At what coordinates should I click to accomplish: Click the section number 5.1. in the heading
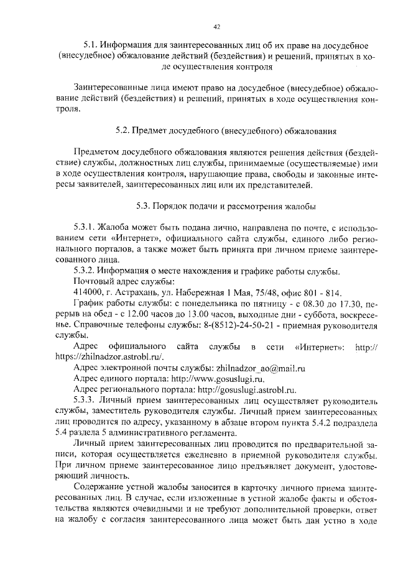[x=93, y=45]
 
